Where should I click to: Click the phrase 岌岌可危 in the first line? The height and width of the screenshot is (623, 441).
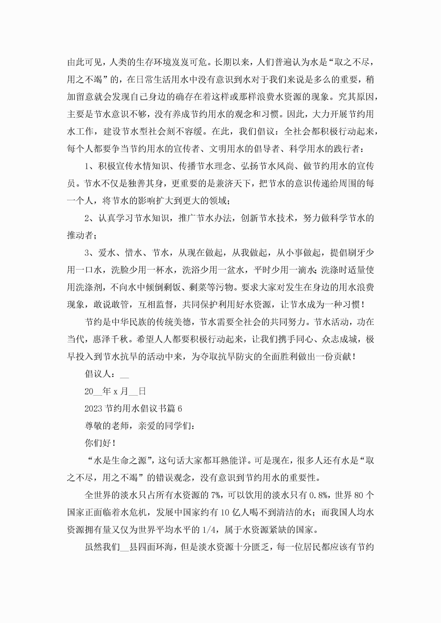pos(189,62)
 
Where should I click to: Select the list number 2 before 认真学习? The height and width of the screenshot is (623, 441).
pos(87,218)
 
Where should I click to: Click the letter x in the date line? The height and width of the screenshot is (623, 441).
pos(115,392)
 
